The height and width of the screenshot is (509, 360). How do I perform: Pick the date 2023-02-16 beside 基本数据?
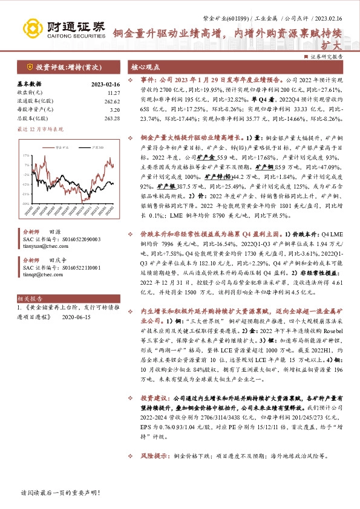point(106,84)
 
